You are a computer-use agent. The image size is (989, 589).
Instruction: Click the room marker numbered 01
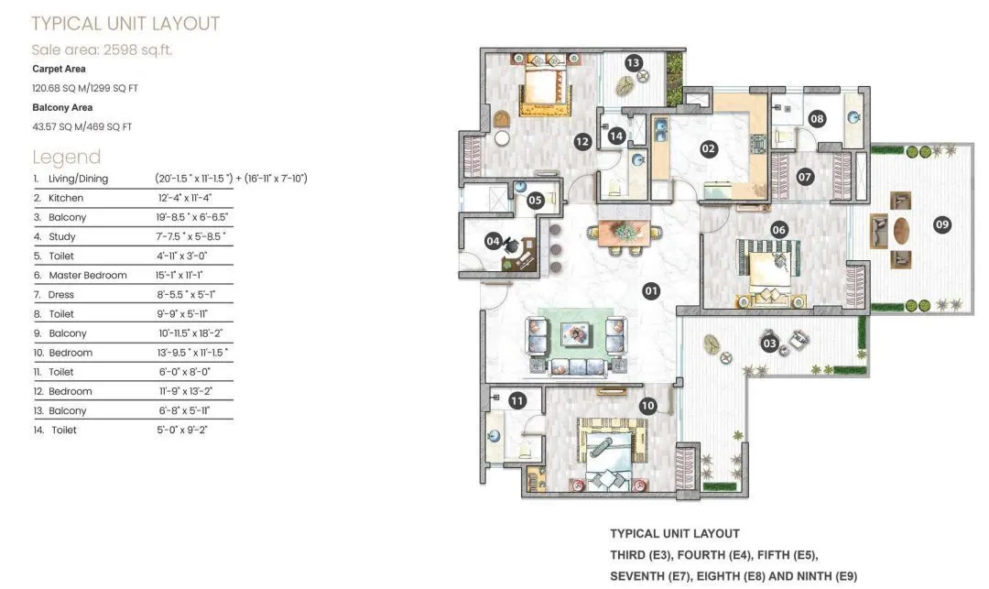651,291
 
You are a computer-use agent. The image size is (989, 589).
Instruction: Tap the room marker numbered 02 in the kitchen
708,147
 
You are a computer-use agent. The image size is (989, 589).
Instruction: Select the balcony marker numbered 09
942,224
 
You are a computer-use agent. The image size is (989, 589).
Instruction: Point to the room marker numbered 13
633,62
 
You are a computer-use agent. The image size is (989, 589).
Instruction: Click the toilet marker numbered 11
516,400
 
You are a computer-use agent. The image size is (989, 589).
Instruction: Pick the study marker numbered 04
494,242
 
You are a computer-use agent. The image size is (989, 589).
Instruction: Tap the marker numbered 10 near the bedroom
647,406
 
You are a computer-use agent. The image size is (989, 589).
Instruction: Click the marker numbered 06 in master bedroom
778,230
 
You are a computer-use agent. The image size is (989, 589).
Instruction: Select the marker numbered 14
617,136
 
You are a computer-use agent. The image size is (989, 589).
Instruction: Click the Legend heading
66,157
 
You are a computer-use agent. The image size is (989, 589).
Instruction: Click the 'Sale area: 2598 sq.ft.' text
102,49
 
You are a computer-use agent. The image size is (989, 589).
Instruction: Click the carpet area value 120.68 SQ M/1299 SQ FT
85,88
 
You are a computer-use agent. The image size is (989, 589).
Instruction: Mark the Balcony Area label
62,107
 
